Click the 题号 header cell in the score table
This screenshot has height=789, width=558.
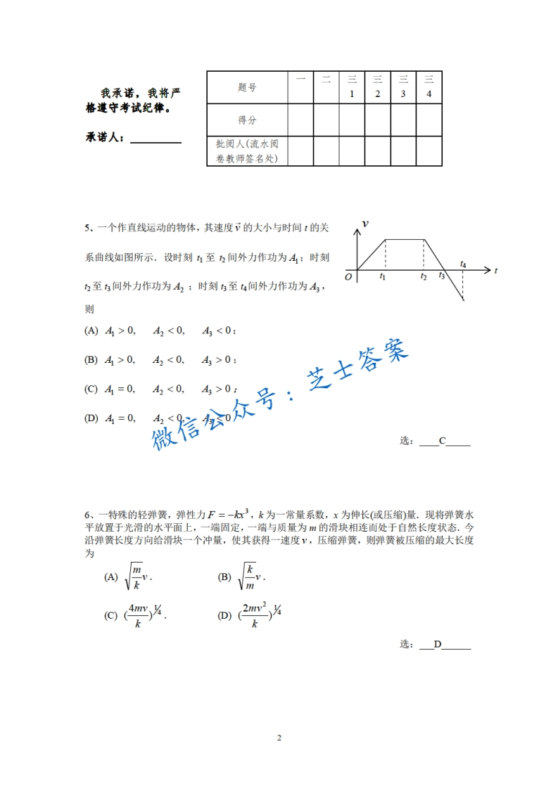247,87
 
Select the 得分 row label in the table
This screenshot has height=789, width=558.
247,120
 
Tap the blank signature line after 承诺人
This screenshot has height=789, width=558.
156,139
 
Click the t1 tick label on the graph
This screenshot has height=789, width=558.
383,277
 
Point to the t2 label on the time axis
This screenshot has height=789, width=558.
424,277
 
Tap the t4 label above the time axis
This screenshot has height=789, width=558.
463,264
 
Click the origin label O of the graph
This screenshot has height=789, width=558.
348,277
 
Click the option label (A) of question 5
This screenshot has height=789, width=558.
91,331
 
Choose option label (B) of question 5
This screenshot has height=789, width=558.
91,360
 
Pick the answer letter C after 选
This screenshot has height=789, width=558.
442,442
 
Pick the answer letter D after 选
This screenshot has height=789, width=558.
437,644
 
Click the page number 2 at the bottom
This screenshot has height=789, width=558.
279,738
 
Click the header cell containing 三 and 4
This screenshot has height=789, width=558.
429,87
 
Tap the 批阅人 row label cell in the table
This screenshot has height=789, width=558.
247,151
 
